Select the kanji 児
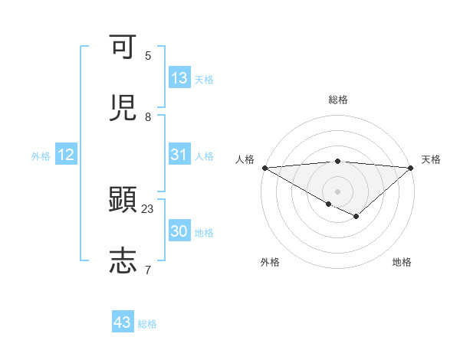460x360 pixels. (123, 109)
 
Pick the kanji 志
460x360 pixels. (123, 260)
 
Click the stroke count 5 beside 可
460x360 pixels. (148, 56)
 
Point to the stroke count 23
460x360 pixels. (148, 208)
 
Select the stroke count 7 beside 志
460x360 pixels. (148, 270)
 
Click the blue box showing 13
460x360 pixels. (179, 78)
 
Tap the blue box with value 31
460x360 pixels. (179, 155)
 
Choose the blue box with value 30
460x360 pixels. (179, 231)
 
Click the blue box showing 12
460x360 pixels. (66, 155)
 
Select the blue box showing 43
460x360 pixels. (123, 322)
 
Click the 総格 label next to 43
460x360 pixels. (147, 324)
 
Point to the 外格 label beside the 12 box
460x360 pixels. (41, 156)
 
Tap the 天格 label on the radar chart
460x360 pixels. (431, 159)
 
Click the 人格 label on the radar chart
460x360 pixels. (245, 159)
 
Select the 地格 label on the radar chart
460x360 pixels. (402, 262)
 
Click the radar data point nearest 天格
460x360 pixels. (410, 168)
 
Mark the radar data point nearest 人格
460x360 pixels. (264, 168)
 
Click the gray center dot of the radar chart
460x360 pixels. (337, 191)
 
